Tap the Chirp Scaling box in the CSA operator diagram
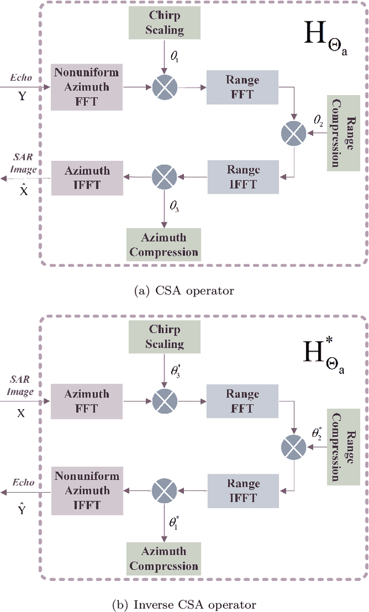point(164,22)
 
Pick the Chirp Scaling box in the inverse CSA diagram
point(164,337)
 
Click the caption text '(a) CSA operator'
point(184,291)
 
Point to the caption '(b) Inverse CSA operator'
point(184,605)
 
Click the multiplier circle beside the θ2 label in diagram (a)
point(293,134)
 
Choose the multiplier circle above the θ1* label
point(164,490)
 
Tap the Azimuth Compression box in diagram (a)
point(164,244)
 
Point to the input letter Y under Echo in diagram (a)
point(22,97)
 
